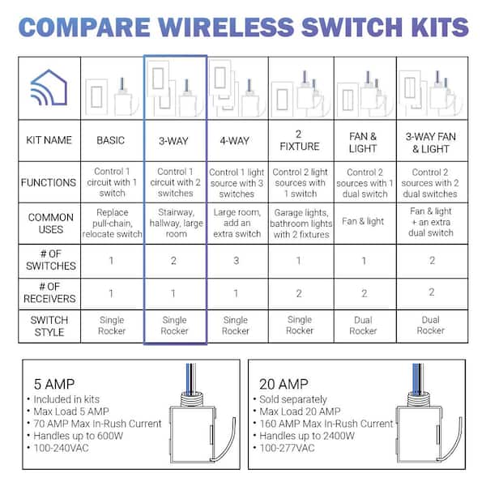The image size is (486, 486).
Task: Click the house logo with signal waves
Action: (x=49, y=87)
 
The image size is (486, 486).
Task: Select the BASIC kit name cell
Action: (x=111, y=140)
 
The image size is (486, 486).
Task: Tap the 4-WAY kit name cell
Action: (x=235, y=141)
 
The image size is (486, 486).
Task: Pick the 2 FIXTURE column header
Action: (x=300, y=140)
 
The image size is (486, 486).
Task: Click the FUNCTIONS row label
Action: (x=49, y=182)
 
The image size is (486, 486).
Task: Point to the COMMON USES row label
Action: (x=50, y=224)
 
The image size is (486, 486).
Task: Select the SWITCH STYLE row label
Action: (x=49, y=326)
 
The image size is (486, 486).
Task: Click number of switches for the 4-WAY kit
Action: (x=237, y=261)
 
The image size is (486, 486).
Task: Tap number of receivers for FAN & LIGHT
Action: (x=364, y=293)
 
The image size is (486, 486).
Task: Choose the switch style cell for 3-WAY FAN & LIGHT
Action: (x=431, y=325)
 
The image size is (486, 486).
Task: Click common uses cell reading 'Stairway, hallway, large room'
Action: (x=176, y=223)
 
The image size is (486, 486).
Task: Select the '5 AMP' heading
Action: (x=54, y=384)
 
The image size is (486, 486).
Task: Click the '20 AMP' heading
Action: (x=283, y=384)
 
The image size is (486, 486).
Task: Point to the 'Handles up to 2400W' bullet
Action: (x=307, y=436)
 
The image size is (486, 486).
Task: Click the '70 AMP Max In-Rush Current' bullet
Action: (x=97, y=424)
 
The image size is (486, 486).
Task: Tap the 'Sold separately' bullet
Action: (x=293, y=399)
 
